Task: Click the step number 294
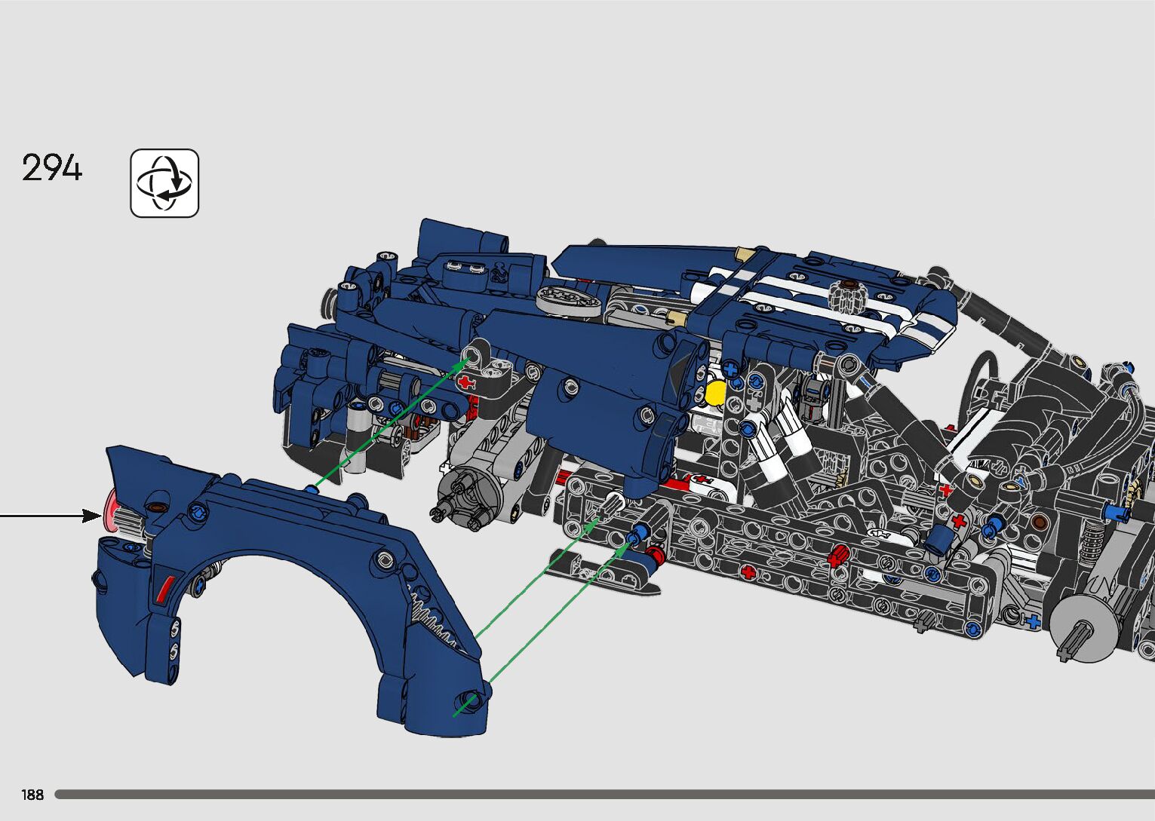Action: (51, 167)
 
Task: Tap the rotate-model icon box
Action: (164, 183)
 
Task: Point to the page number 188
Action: (32, 795)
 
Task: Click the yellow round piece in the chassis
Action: (715, 394)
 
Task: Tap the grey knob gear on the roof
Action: (848, 296)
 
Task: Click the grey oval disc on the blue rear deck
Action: (569, 301)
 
